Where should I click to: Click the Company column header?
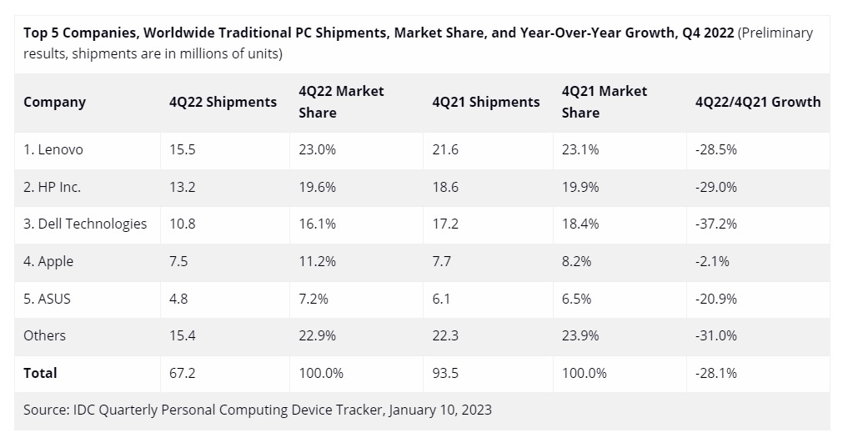54,103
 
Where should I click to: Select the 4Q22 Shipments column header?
223,103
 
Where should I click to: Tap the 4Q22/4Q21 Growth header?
757,103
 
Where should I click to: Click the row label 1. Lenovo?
53,150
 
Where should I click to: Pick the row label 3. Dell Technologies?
85,224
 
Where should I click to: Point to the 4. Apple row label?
48,261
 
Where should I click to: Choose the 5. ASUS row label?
47,299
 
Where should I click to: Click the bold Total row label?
40,373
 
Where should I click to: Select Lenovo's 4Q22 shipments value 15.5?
182,150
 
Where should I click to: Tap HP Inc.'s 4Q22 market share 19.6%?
317,188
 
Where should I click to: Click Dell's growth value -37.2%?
715,224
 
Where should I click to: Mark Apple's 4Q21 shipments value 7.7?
443,261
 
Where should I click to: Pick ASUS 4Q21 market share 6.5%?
576,299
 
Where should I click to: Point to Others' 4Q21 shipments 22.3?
446,335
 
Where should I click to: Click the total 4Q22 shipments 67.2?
182,373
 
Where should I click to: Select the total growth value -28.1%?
715,373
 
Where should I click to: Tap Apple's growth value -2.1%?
712,261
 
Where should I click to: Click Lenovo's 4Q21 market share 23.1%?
580,150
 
